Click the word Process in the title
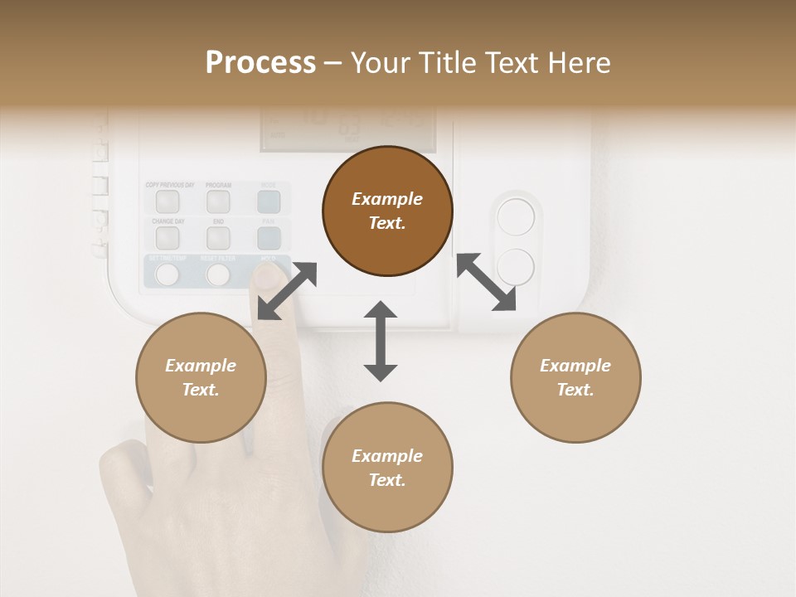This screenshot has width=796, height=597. pyautogui.click(x=260, y=63)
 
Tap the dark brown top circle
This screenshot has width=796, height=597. pyautogui.click(x=387, y=211)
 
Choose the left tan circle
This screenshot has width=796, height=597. pyautogui.click(x=201, y=377)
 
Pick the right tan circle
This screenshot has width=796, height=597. pyautogui.click(x=575, y=377)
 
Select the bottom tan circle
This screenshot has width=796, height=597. pyautogui.click(x=387, y=468)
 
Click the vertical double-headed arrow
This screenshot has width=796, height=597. pyautogui.click(x=381, y=341)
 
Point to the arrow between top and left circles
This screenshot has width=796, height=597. pyautogui.click(x=287, y=290)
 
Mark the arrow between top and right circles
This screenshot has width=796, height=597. pyautogui.click(x=486, y=282)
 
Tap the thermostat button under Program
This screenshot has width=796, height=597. pyautogui.click(x=218, y=201)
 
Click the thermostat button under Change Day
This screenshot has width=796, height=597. pyautogui.click(x=167, y=238)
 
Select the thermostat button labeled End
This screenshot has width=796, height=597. pyautogui.click(x=218, y=238)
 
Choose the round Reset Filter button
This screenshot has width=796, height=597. pyautogui.click(x=218, y=274)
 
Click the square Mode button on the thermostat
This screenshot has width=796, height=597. pyautogui.click(x=269, y=201)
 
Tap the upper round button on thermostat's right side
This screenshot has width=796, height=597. pyautogui.click(x=516, y=218)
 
